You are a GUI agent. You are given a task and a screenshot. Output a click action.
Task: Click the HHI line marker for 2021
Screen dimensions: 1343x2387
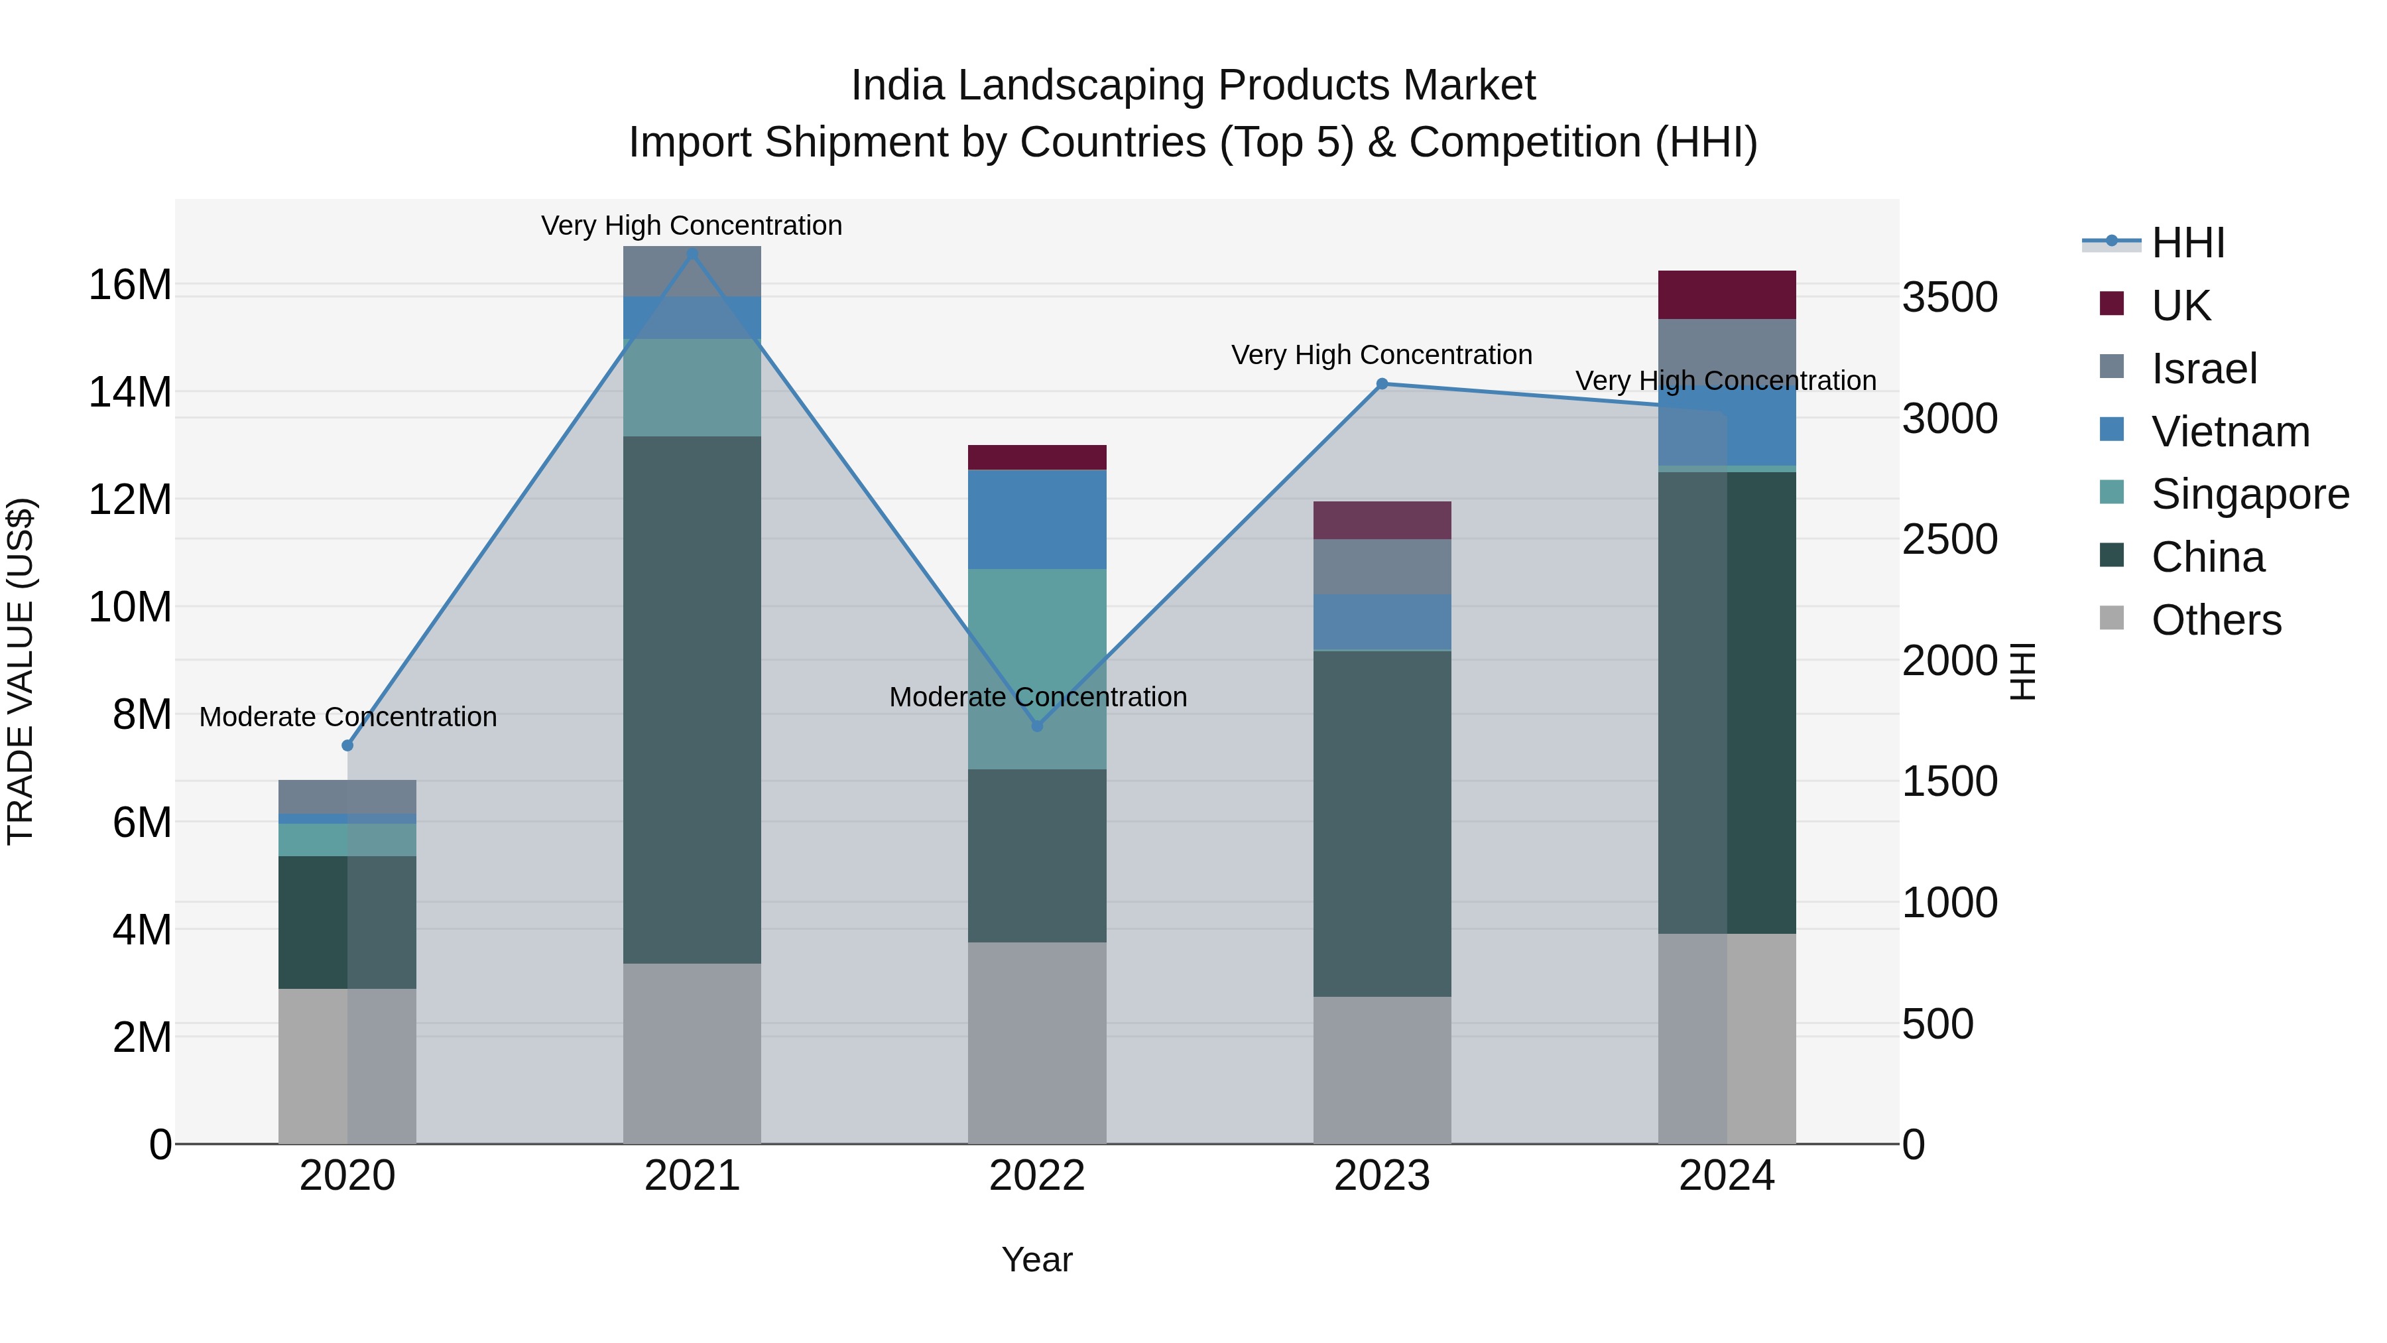[x=692, y=254]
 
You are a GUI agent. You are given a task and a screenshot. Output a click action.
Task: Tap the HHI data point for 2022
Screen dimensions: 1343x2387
[x=1037, y=726]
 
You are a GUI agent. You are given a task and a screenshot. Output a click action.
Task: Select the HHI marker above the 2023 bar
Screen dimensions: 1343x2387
[x=1382, y=384]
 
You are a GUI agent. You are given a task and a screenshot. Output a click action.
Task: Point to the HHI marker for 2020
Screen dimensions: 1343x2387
[x=347, y=745]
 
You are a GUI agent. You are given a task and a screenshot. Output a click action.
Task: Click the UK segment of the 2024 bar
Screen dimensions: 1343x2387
[x=1727, y=294]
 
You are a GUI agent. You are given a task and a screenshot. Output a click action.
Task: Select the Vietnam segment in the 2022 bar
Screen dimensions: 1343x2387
[x=1037, y=519]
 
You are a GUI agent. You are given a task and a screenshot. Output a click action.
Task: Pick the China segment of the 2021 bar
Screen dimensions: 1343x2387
[x=692, y=700]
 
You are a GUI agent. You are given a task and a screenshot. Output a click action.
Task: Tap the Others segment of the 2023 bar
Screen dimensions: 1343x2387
[x=1382, y=1070]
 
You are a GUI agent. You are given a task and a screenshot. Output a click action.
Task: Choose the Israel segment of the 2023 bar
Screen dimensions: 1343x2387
[x=1382, y=566]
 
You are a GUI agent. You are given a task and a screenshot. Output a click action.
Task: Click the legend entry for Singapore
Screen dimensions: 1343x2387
[x=2249, y=494]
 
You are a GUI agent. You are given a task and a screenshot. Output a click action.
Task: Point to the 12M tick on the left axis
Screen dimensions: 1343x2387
[x=130, y=499]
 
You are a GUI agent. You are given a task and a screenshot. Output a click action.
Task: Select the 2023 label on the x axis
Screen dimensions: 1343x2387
[x=1382, y=1176]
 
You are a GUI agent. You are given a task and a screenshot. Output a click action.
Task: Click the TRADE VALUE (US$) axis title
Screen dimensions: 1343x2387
[x=21, y=671]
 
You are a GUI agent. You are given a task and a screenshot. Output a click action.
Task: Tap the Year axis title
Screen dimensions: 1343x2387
[x=1037, y=1259]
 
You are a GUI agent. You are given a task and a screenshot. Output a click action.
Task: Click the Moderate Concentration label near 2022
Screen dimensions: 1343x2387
[x=1037, y=697]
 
